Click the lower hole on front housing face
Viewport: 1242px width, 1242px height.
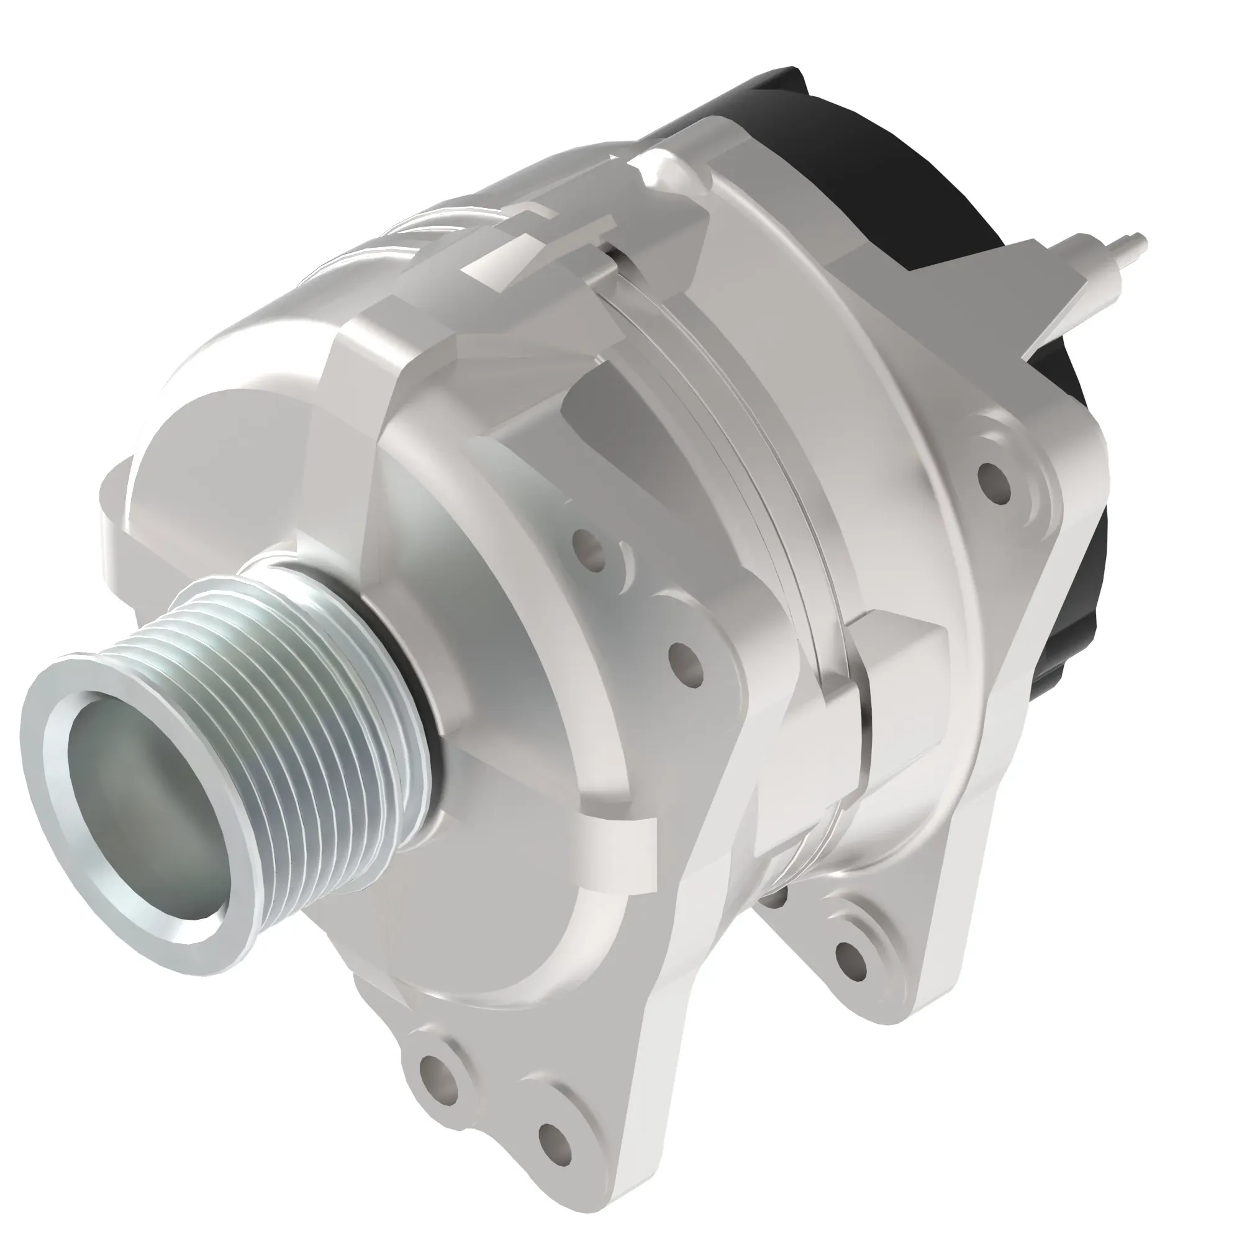point(684,661)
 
